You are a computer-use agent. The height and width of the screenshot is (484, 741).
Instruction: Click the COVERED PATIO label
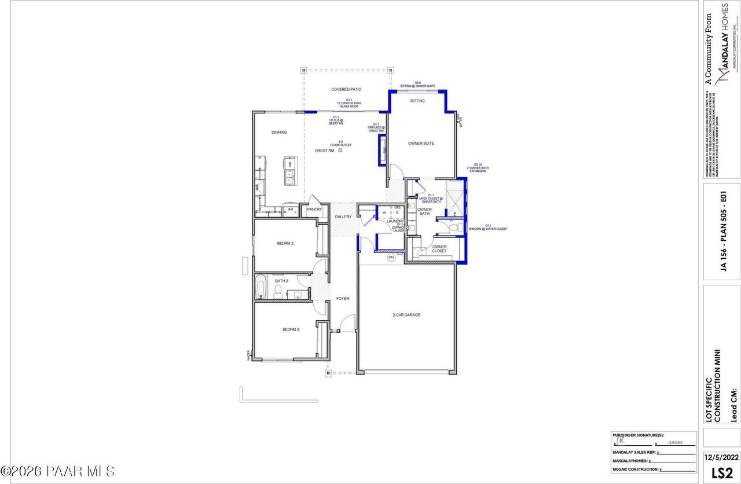[346, 90]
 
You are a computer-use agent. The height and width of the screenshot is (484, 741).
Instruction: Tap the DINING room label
[279, 133]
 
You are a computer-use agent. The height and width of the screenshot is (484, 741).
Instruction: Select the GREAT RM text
[324, 151]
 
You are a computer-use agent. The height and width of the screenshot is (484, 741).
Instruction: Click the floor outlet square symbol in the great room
[340, 151]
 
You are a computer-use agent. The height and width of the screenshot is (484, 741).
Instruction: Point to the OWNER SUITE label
[421, 143]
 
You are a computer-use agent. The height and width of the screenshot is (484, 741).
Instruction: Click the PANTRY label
[314, 210]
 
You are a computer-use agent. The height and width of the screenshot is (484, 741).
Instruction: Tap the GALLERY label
[343, 217]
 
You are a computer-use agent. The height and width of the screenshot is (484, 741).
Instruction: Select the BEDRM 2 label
[285, 243]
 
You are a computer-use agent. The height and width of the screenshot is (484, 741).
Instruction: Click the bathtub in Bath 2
[261, 287]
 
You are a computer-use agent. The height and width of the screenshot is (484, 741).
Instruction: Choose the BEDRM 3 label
[291, 329]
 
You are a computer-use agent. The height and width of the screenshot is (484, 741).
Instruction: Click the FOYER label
[343, 299]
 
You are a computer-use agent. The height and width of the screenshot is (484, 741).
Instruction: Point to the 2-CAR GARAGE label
[406, 315]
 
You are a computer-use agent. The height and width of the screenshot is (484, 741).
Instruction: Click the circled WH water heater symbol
[391, 257]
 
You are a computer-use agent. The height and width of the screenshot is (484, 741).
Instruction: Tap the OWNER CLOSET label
[439, 249]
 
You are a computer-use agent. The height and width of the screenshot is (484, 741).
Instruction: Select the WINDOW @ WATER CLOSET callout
[488, 228]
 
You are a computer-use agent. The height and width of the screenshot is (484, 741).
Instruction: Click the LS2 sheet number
[721, 472]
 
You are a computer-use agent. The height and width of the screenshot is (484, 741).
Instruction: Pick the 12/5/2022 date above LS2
[721, 457]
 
